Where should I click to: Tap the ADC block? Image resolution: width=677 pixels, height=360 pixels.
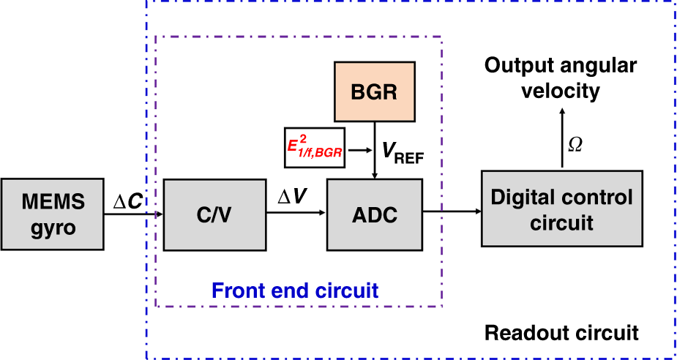375,213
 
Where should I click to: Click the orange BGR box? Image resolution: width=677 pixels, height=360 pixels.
375,92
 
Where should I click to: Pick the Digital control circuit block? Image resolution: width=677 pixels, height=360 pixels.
561,208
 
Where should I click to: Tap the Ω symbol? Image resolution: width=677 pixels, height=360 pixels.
575,144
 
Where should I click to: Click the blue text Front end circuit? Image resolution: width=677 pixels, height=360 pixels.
294,290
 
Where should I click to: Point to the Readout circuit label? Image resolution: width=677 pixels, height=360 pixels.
561,333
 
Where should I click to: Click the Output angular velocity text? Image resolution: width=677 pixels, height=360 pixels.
561,78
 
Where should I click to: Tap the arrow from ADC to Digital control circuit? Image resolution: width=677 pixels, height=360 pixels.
452,213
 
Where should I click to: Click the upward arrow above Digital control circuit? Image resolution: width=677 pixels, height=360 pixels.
561,139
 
